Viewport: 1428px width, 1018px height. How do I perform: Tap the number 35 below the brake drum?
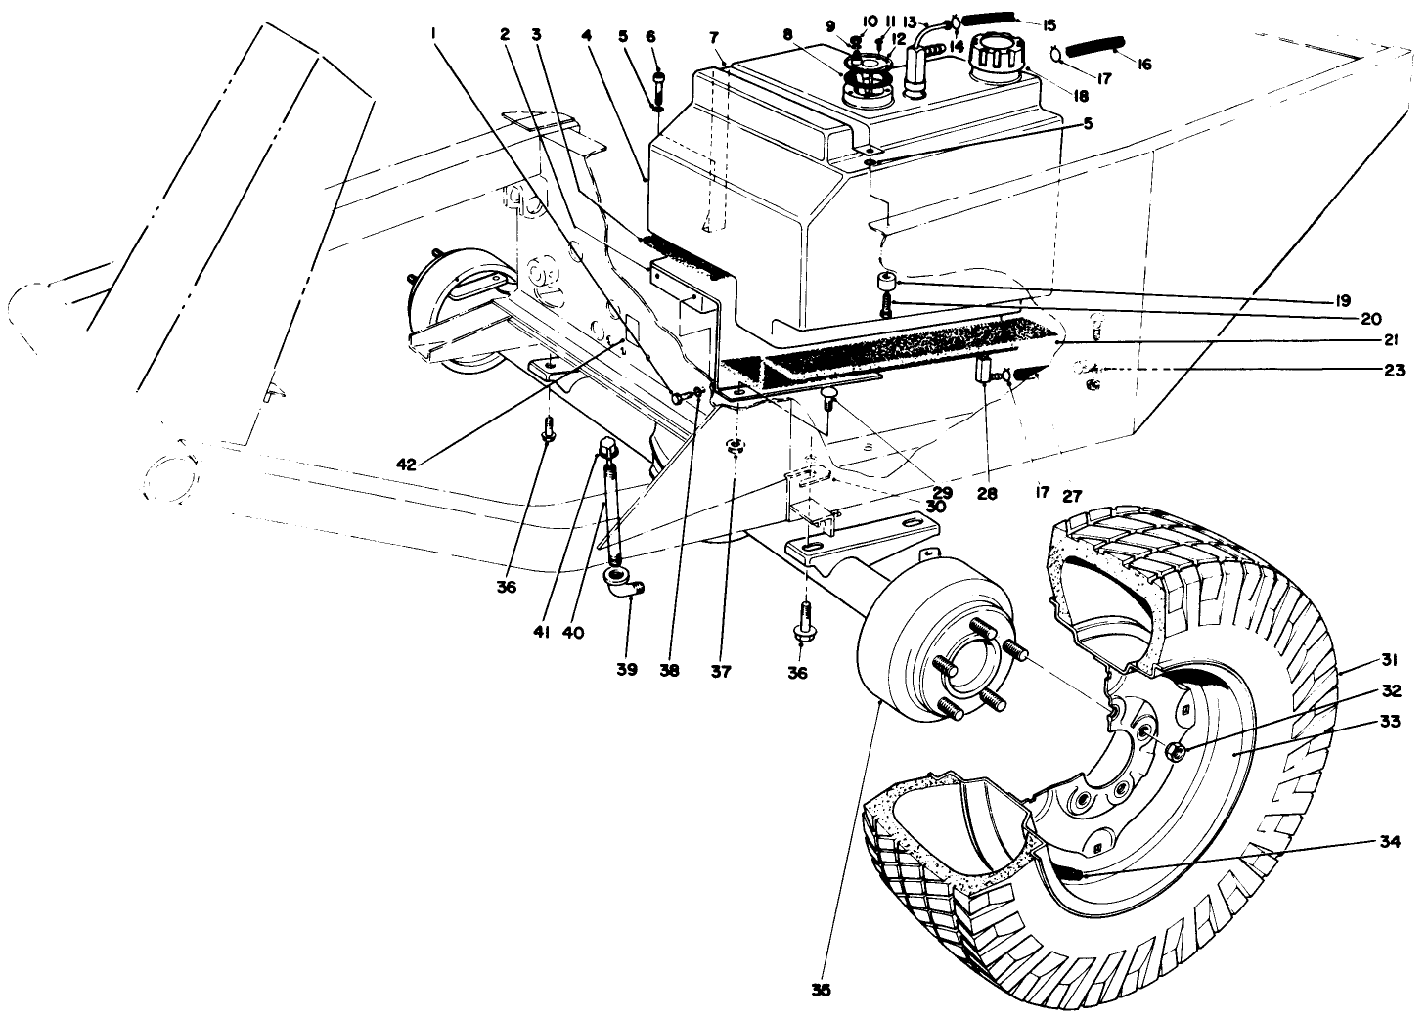click(821, 990)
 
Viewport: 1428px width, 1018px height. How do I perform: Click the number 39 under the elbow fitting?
click(626, 670)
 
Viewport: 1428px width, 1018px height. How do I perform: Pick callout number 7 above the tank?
click(715, 36)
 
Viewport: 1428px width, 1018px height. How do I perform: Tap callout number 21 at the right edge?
click(1392, 340)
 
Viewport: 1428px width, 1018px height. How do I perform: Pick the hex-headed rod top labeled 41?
click(606, 449)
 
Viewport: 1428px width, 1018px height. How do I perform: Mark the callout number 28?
click(986, 495)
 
